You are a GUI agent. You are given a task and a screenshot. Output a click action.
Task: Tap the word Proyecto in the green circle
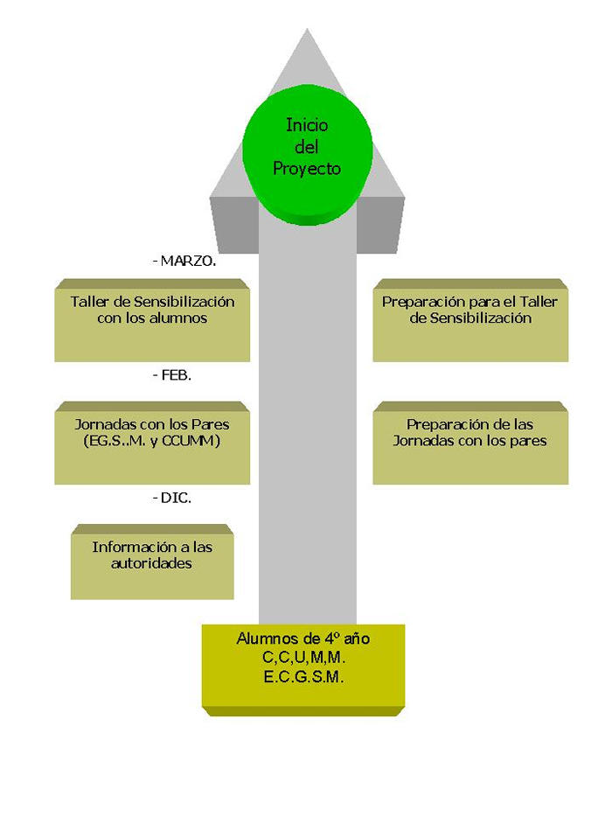[306, 169]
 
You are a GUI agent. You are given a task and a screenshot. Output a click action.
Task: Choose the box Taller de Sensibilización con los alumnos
[152, 320]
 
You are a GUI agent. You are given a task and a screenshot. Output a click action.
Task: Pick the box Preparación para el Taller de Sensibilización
[470, 320]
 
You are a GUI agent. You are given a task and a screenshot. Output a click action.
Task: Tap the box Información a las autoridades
[152, 562]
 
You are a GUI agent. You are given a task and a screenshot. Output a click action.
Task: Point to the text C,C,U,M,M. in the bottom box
[303, 657]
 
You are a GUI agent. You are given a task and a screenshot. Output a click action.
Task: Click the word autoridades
[152, 564]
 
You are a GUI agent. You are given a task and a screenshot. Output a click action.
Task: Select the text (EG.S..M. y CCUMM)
[152, 441]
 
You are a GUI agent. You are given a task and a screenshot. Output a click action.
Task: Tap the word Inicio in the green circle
[306, 125]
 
